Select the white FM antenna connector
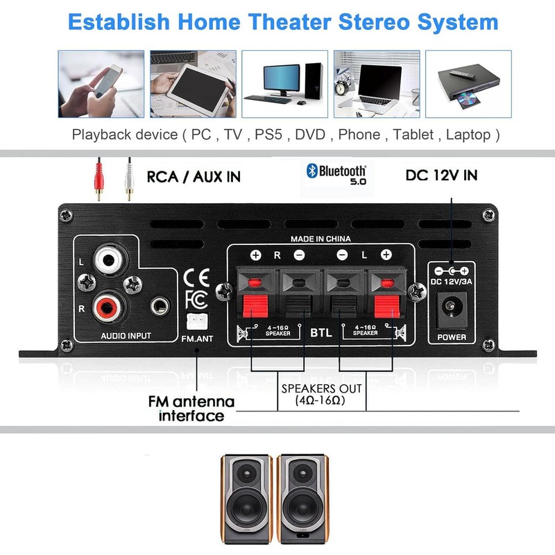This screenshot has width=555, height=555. (195, 319)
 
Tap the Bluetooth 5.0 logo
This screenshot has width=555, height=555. (338, 173)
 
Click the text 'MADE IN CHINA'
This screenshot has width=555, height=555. (320, 239)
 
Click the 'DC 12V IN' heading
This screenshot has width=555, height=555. (441, 176)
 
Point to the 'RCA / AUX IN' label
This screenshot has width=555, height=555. (194, 177)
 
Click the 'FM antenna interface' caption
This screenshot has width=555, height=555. (191, 409)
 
